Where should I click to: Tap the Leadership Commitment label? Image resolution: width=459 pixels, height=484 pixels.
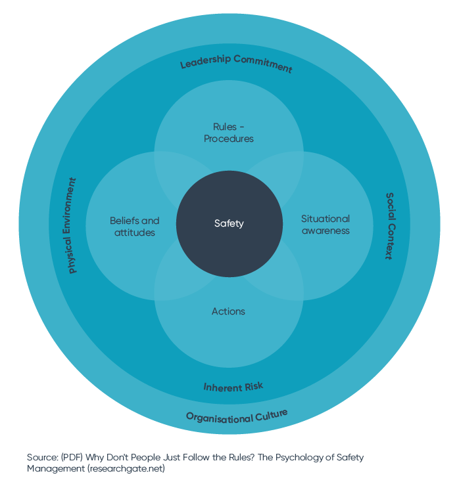click(236, 63)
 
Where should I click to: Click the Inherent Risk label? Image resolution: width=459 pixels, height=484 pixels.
click(233, 387)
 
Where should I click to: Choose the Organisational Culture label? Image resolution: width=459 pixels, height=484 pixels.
click(237, 415)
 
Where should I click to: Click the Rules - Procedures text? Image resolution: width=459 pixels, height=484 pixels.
click(229, 132)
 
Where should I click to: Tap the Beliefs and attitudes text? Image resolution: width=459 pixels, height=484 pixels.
click(135, 227)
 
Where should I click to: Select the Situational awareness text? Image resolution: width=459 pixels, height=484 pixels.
click(325, 225)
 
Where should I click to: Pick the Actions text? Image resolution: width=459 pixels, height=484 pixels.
click(229, 311)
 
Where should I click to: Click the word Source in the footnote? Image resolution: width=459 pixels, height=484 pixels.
click(43, 457)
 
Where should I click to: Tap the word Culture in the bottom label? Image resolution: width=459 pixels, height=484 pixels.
click(272, 413)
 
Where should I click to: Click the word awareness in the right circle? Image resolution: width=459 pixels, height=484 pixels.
click(325, 231)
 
